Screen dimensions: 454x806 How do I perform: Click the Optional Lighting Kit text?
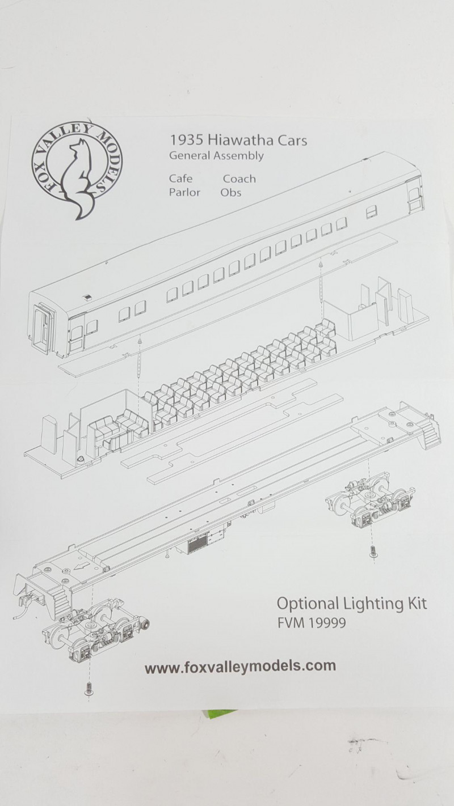pos(352,604)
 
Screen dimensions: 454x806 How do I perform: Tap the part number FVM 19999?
pos(312,623)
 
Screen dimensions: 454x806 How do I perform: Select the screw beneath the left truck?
pos(87,688)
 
